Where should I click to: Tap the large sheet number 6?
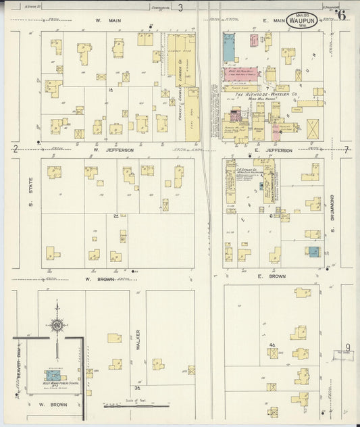point(342,16)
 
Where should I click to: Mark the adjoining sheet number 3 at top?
point(180,8)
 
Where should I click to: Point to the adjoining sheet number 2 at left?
point(14,149)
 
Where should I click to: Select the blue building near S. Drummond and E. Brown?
point(313,252)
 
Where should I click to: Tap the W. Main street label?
point(101,21)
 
